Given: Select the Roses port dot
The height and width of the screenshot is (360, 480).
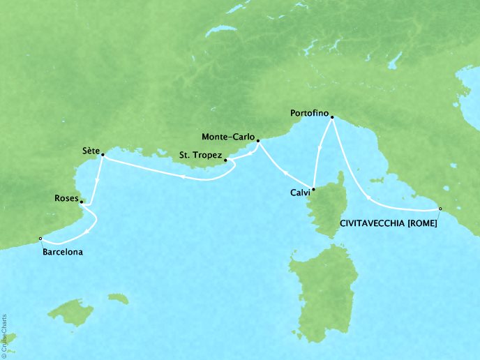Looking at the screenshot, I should [82, 203].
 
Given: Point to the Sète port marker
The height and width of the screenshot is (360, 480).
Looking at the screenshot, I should [103, 155].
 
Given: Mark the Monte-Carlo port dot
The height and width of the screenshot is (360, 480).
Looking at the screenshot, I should [258, 141].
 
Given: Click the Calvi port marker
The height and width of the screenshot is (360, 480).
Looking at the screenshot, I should [314, 189].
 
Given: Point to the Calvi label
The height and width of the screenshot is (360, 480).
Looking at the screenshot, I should [297, 195].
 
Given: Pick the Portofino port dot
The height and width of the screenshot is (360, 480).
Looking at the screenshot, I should [332, 117].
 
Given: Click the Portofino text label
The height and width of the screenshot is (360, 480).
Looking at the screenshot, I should [308, 112].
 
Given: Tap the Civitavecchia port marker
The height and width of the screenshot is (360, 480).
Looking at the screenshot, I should [440, 209].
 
